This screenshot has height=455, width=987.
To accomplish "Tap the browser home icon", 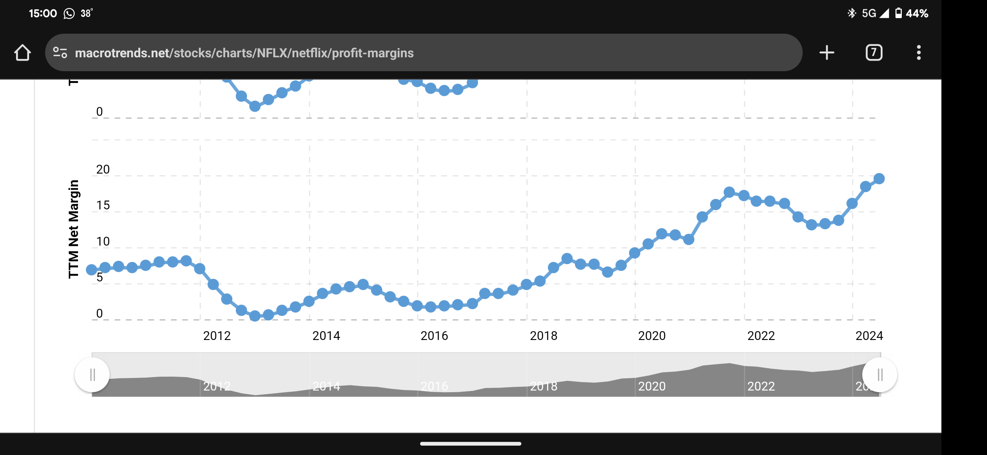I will (x=22, y=53).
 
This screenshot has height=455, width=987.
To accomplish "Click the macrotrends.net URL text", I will (x=244, y=53).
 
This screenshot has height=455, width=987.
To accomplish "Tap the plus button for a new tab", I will (x=827, y=53).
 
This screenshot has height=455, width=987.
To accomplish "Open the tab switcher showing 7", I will (x=874, y=53).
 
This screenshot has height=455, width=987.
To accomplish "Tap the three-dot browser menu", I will (x=919, y=53).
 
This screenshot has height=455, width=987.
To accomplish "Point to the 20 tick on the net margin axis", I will (x=103, y=169).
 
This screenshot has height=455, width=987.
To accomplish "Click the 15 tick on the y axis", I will (x=103, y=205).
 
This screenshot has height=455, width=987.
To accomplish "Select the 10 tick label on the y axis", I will (x=103, y=241).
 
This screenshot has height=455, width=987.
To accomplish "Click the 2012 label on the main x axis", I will (x=217, y=336).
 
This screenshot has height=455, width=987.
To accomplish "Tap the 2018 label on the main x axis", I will (x=543, y=336).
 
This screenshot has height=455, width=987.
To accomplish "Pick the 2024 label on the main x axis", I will (x=869, y=336).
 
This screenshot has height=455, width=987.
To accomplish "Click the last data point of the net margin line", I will (x=879, y=179).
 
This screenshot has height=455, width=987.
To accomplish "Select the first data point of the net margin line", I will (x=92, y=270).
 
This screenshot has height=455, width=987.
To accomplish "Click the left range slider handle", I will (x=92, y=375).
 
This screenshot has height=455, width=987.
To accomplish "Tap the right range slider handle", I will (x=880, y=375).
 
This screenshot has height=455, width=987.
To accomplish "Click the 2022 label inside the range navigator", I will (x=761, y=386).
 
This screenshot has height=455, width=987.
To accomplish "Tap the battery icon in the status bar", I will (x=898, y=13).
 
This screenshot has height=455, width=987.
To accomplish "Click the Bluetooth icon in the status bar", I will (x=852, y=13).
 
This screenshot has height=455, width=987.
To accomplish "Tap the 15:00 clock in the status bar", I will (x=43, y=13).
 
